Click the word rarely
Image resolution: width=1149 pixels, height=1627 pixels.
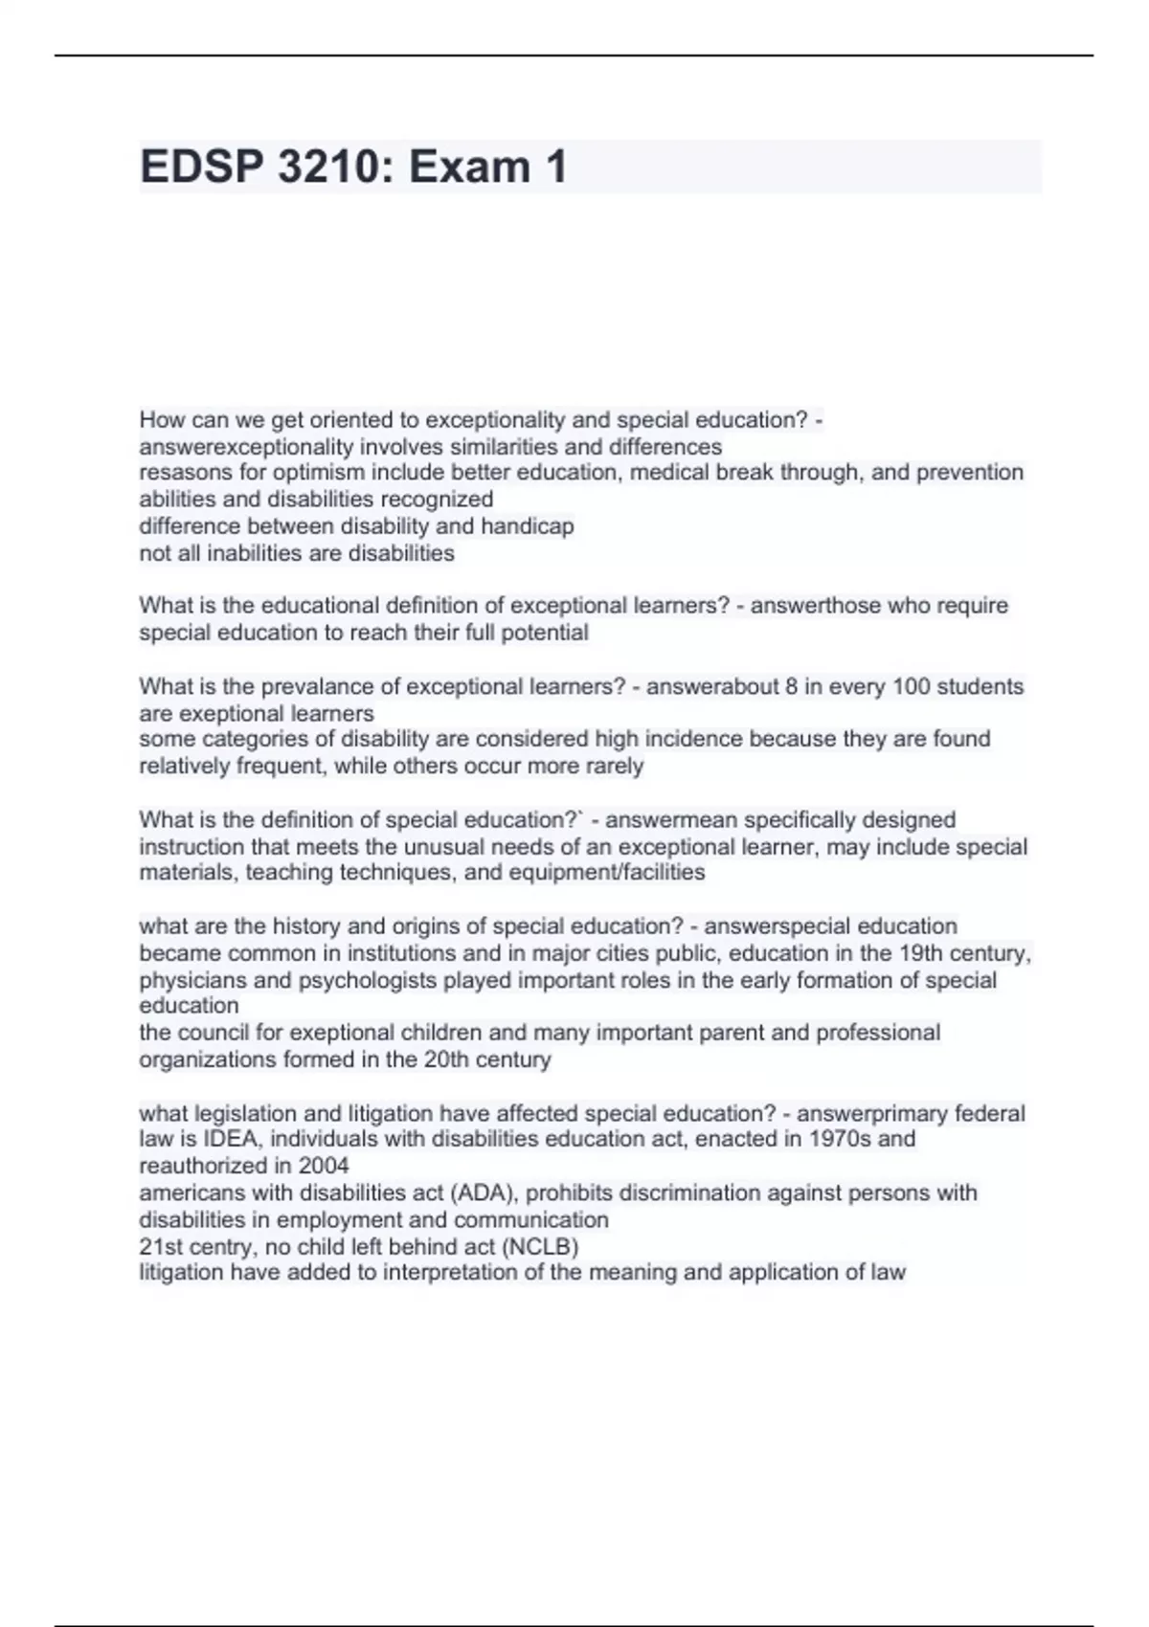pos(613,766)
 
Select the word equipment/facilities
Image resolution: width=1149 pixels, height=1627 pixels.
pos(613,873)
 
